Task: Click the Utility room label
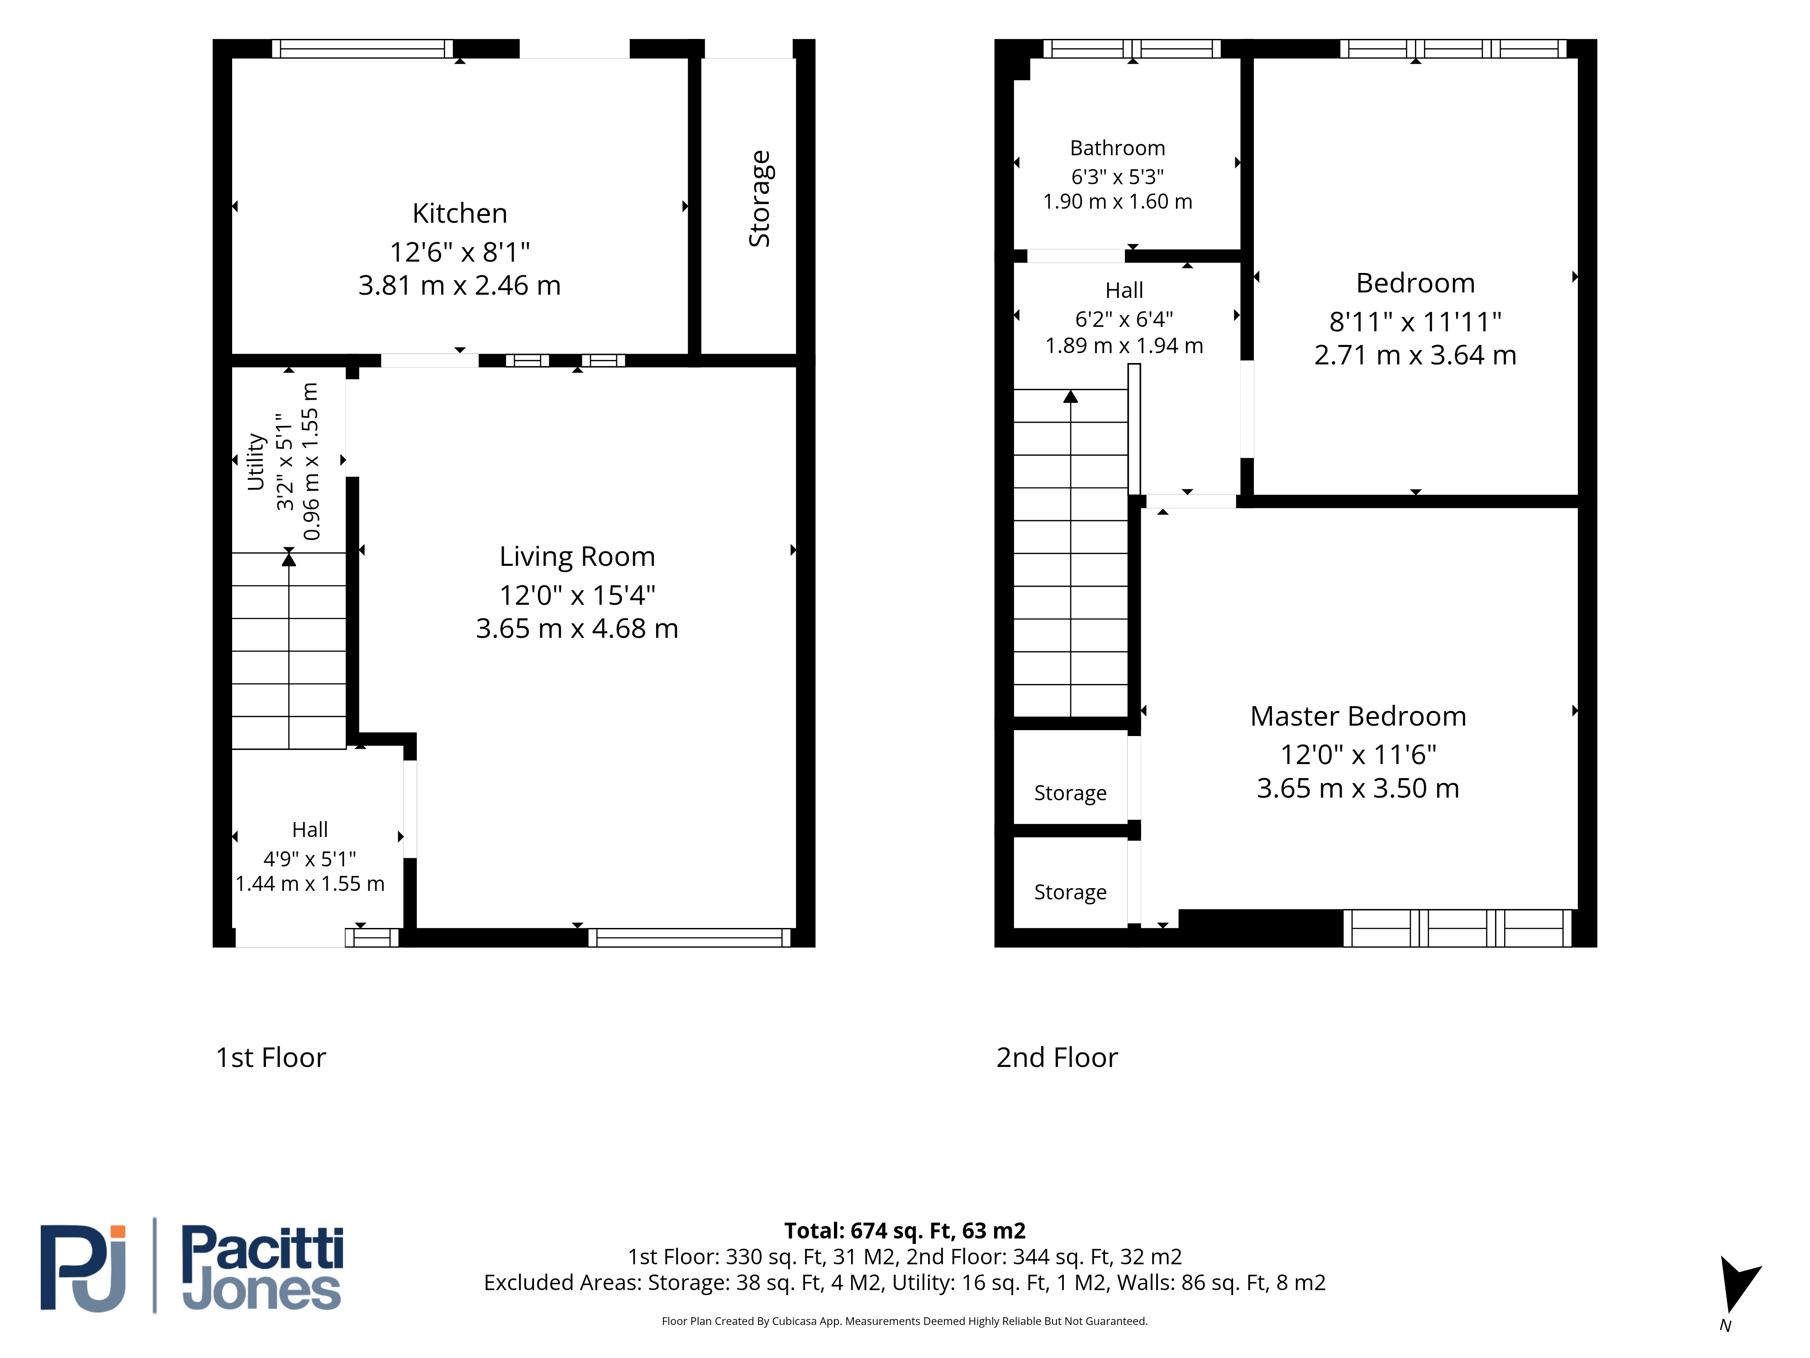click(x=256, y=462)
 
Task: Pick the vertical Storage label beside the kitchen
click(x=759, y=199)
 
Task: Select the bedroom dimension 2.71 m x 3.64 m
click(x=1415, y=355)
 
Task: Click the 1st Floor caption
click(x=271, y=1057)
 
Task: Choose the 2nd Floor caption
click(x=1057, y=1057)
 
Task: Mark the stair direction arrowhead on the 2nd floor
click(x=1070, y=396)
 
